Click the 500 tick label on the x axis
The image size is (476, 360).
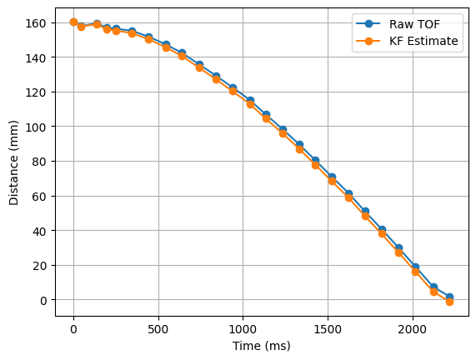(158, 329)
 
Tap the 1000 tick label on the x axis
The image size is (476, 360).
(243, 329)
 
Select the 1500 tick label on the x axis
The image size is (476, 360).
(328, 329)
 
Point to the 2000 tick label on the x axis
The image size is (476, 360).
(413, 329)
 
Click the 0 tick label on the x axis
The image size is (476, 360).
(73, 329)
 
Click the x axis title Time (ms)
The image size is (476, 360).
(262, 346)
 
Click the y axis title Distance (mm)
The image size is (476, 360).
(15, 162)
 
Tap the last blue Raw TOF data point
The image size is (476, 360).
(449, 297)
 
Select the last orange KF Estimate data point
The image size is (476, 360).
(449, 302)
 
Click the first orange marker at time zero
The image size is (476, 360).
(73, 22)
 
